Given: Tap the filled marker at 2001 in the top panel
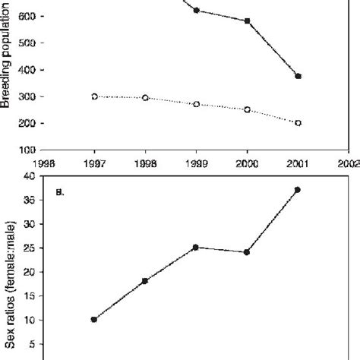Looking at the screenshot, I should tap(298, 76).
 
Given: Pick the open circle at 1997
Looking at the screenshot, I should tap(94, 96).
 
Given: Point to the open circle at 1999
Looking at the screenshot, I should tap(196, 104).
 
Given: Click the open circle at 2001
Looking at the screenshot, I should tap(298, 122).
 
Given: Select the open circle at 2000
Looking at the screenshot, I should tap(247, 109).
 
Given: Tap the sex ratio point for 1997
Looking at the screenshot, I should tap(94, 319).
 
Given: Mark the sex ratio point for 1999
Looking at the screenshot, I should tap(196, 247).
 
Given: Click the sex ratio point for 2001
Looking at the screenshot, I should tap(298, 189).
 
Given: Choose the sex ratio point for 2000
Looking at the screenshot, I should tap(247, 252).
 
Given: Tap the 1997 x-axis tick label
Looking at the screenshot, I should tap(94, 161).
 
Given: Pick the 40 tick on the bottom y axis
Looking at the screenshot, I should tap(29, 175).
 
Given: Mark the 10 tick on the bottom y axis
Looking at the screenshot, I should tap(29, 320).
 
